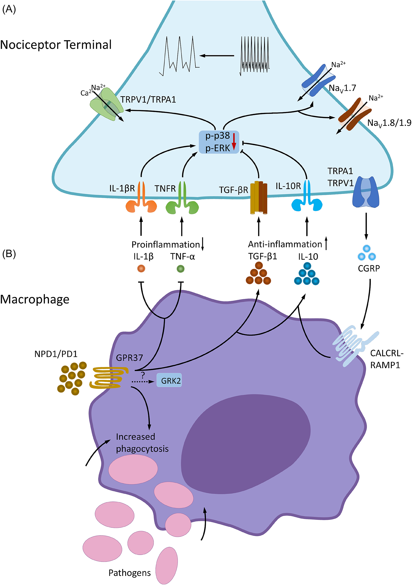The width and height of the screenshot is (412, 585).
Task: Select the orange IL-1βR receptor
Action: pyautogui.click(x=141, y=198)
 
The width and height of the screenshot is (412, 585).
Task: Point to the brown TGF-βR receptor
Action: pyautogui.click(x=258, y=197)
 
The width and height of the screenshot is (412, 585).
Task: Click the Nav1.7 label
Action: pyautogui.click(x=342, y=88)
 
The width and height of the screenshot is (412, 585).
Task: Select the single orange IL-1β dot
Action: pyautogui.click(x=141, y=269)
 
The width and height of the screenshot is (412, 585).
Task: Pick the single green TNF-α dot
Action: pyautogui.click(x=181, y=269)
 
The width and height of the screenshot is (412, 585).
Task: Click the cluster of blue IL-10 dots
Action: pyautogui.click(x=307, y=274)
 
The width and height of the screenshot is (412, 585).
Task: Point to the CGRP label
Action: pyautogui.click(x=369, y=268)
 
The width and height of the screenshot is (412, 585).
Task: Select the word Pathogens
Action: pyautogui.click(x=130, y=573)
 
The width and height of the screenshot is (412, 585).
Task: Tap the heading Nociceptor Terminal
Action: pyautogui.click(x=56, y=45)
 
